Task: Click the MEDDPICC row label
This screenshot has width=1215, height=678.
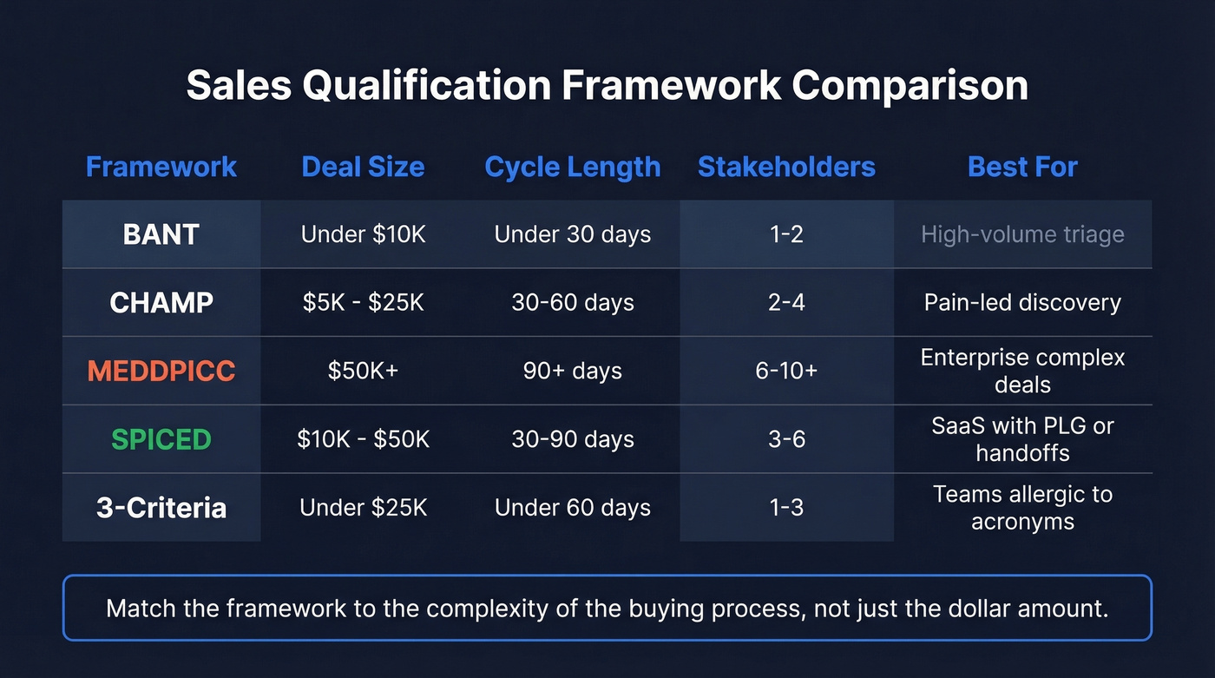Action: pos(161,371)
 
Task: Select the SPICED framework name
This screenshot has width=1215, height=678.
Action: pos(161,439)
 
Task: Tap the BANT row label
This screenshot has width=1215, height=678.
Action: pos(161,234)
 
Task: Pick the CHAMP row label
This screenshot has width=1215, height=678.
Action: pos(161,302)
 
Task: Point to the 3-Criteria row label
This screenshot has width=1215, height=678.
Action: pos(161,507)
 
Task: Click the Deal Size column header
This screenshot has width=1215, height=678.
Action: pos(363,167)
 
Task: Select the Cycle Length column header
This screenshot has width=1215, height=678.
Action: pos(573,167)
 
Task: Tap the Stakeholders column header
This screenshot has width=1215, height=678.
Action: pos(786,167)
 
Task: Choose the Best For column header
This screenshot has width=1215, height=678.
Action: pos(1022,167)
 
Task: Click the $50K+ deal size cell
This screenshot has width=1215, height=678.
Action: pos(363,371)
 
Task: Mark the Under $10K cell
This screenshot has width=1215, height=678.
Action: pos(363,234)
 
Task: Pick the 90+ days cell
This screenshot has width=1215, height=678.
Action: pos(573,371)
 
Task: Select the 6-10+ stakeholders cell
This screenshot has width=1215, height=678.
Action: pos(786,371)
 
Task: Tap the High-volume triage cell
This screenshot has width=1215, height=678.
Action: pos(1022,234)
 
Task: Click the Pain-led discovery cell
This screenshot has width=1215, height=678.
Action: pos(1022,302)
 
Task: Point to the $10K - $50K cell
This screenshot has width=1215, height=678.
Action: pos(363,439)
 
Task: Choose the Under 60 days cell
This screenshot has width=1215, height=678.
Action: pos(573,507)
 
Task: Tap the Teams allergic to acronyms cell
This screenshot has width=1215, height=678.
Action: pos(1022,508)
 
